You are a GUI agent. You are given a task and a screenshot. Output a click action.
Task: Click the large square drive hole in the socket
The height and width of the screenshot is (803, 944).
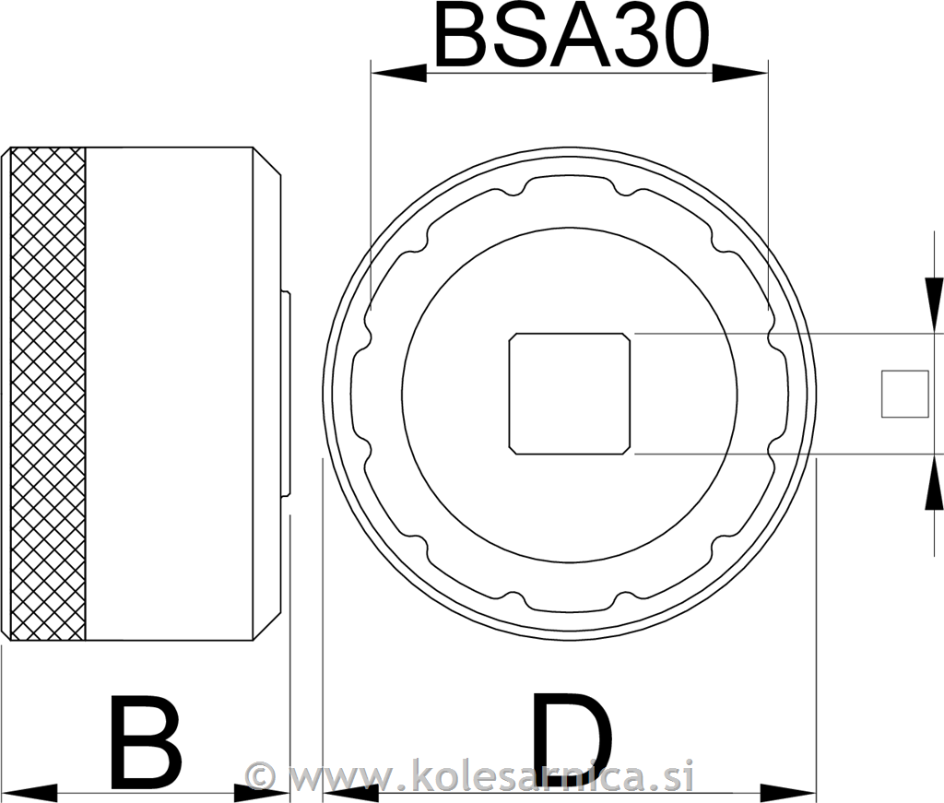click(x=570, y=394)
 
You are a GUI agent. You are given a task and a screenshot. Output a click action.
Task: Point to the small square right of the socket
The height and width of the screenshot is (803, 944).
click(x=904, y=394)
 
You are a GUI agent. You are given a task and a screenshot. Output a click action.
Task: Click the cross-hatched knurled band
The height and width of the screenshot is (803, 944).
click(x=48, y=394)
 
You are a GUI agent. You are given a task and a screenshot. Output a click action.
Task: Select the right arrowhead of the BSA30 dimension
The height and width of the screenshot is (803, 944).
click(x=741, y=73)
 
